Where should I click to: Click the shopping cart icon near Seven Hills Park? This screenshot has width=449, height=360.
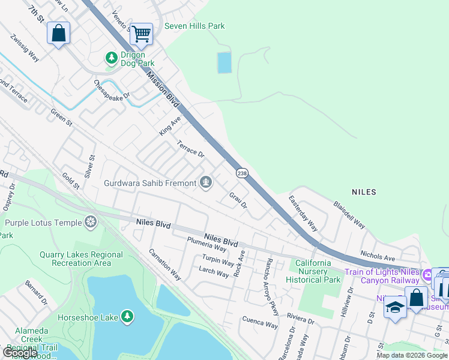click(x=141, y=34)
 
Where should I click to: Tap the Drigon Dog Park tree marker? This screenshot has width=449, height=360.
click(x=111, y=58)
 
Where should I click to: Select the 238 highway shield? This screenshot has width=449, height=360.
click(x=241, y=173)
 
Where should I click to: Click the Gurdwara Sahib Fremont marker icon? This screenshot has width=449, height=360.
click(x=206, y=182)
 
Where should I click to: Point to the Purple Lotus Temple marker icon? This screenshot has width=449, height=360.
click(x=91, y=223)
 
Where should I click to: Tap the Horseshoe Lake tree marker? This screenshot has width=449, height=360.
click(x=127, y=316)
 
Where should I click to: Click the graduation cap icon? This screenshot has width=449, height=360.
click(x=394, y=307)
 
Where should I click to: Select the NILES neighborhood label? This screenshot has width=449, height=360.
click(x=364, y=192)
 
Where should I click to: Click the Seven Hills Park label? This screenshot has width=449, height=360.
click(x=194, y=26)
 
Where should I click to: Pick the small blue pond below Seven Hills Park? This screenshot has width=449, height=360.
click(x=224, y=62)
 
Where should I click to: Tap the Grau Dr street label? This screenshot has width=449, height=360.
click(x=238, y=200)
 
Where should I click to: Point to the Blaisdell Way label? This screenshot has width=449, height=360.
click(x=349, y=214)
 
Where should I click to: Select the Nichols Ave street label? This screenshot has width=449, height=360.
click(x=377, y=256)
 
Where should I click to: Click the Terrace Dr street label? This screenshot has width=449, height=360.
click(x=191, y=148)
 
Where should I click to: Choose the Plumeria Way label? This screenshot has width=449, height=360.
click(x=205, y=248)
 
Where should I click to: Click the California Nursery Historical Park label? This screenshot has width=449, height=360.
click(x=313, y=271)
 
